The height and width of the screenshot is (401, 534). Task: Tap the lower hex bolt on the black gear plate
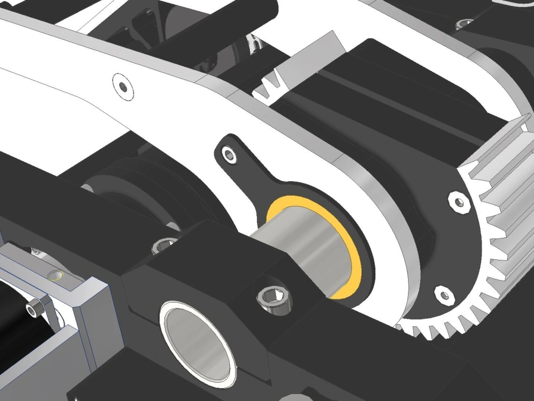pos(443,294)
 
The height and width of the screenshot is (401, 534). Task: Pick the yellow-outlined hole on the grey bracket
pos(56,276)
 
